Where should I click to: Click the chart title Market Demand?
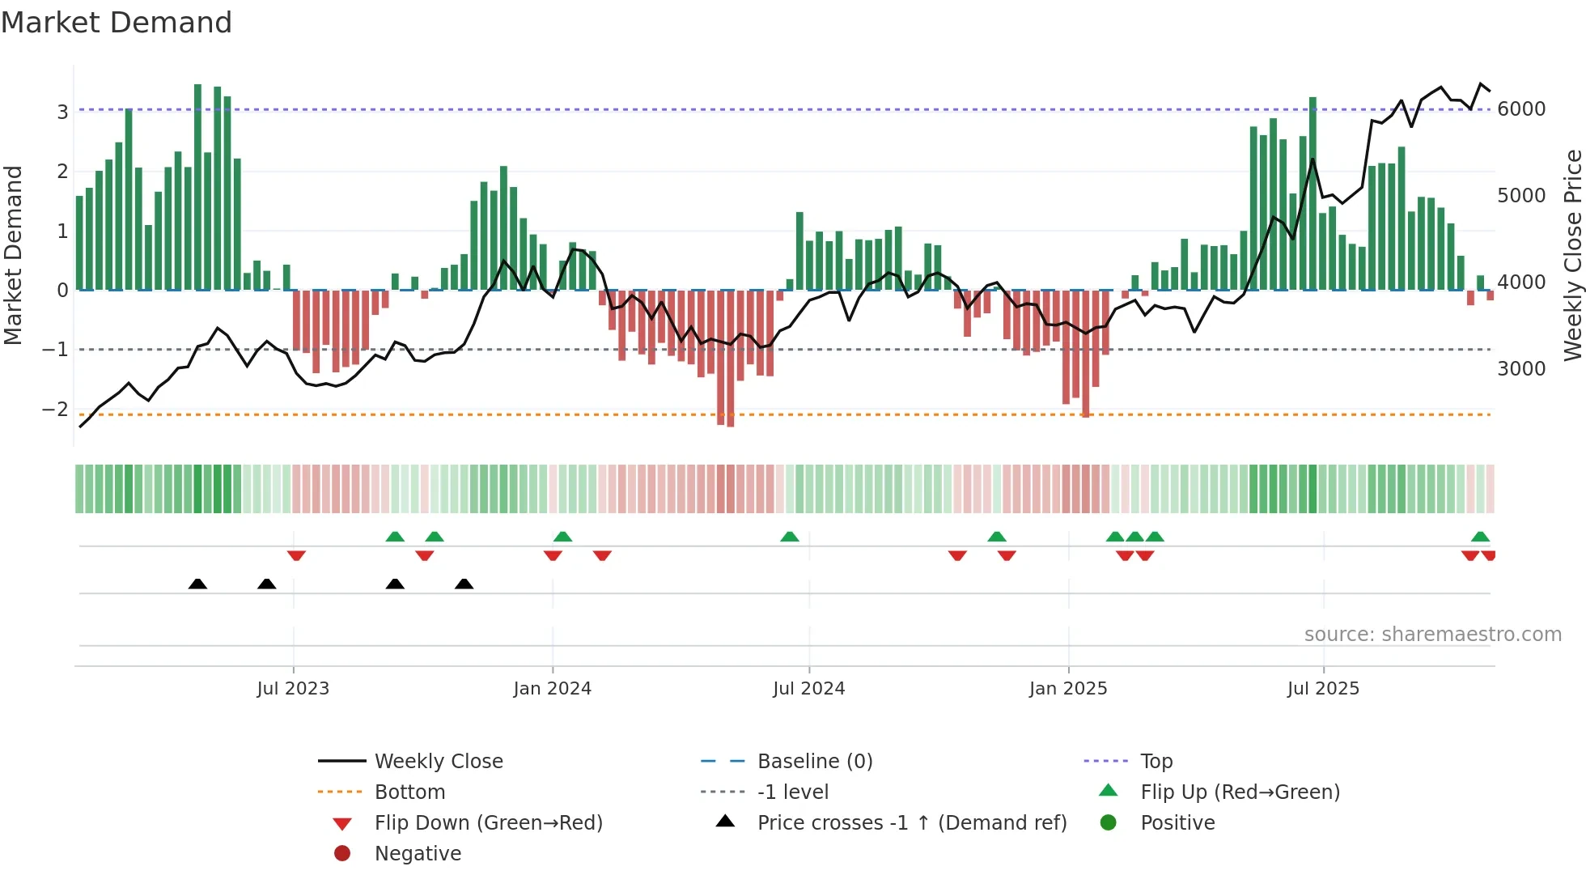click(x=117, y=23)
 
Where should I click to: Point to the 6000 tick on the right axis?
click(x=1521, y=109)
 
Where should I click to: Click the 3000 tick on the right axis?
click(x=1521, y=369)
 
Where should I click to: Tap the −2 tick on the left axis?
click(x=56, y=410)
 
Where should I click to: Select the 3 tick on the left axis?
click(x=62, y=112)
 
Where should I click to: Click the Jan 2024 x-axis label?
click(x=552, y=689)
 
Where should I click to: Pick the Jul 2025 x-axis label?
click(x=1323, y=689)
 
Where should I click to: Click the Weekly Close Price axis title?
click(x=1572, y=255)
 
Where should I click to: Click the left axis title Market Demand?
click(x=14, y=255)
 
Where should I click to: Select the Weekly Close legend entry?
click(x=438, y=762)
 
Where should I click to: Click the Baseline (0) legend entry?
click(x=814, y=762)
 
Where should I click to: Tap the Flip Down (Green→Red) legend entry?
click(x=488, y=823)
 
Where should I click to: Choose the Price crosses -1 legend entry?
click(x=911, y=823)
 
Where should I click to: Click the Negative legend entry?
click(x=418, y=854)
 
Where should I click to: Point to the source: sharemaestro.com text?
click(x=1432, y=635)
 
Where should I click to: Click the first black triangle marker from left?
click(x=197, y=584)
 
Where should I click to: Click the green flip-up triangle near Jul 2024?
click(x=789, y=537)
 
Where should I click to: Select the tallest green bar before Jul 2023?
click(x=198, y=186)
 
